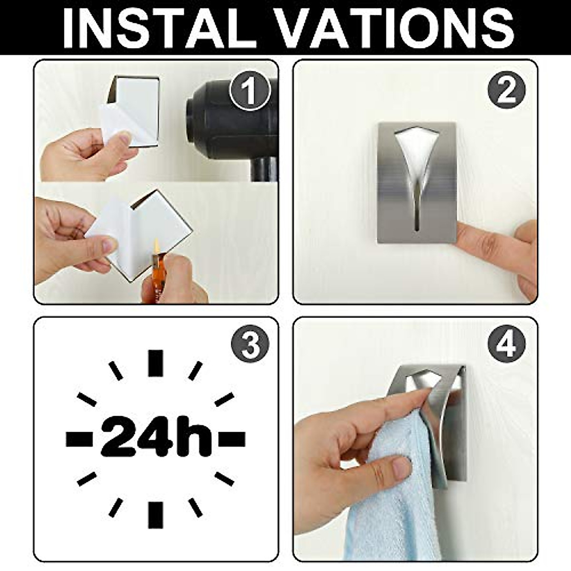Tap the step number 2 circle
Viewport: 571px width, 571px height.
point(507,91)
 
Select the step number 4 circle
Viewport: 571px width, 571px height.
point(507,344)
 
